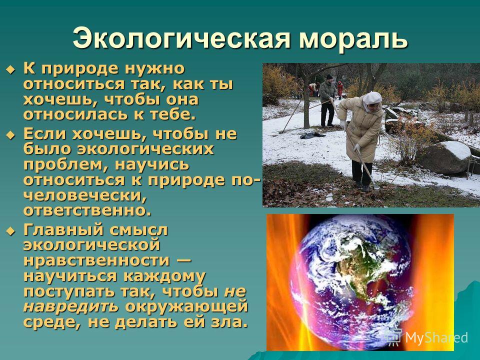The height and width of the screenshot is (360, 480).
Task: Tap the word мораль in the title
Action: [x=353, y=38]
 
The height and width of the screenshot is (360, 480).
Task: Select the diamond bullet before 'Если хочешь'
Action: [x=10, y=134]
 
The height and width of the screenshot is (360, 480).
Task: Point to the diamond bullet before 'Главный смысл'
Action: [x=10, y=231]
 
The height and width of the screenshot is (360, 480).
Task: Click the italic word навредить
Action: [x=70, y=306]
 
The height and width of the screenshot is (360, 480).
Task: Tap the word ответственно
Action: [x=87, y=211]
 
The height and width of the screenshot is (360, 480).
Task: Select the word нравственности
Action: [x=96, y=260]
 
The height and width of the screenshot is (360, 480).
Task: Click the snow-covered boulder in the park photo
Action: [x=445, y=157]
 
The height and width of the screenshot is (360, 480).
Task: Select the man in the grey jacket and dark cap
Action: [x=327, y=100]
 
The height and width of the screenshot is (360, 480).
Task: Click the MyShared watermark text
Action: [x=436, y=337]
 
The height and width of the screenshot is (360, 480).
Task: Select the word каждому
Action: [x=164, y=276]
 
